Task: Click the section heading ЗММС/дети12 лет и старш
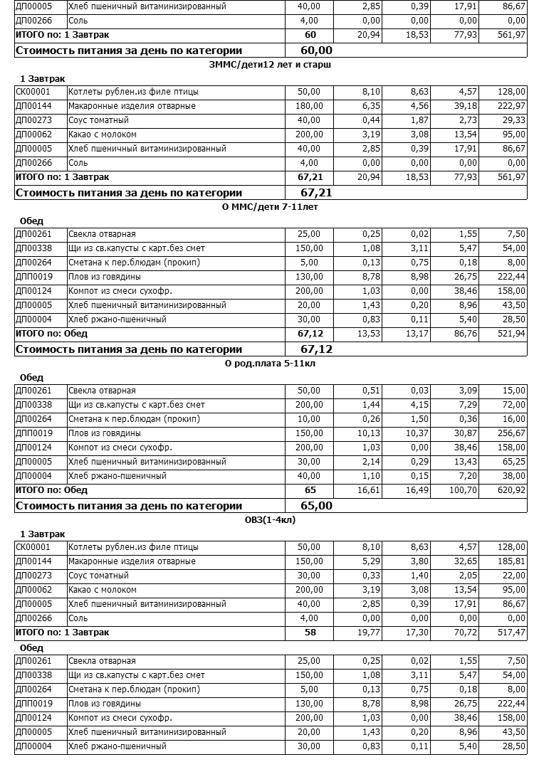coord(271,65)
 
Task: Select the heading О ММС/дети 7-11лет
coord(271,207)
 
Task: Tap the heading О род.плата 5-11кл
coord(271,364)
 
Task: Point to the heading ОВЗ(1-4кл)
coord(271,520)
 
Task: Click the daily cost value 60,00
coord(316,51)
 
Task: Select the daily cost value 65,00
coord(316,506)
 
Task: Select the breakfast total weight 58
coord(310,633)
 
